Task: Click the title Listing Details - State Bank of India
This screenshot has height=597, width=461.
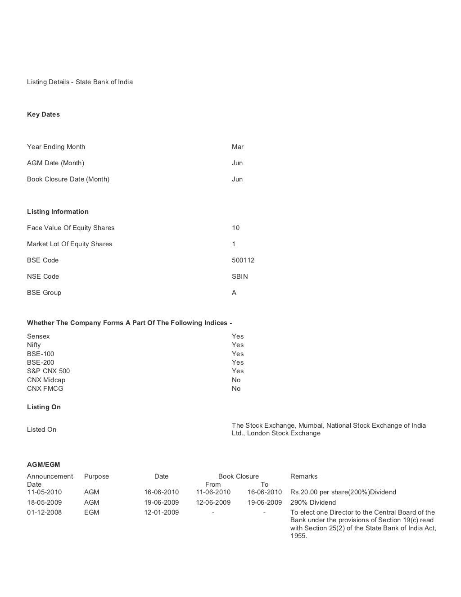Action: (x=80, y=82)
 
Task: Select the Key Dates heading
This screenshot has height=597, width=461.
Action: (x=43, y=114)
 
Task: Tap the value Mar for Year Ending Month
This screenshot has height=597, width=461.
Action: (x=237, y=147)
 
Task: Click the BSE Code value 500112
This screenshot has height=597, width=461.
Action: (x=243, y=260)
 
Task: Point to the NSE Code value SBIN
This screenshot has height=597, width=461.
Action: (x=240, y=276)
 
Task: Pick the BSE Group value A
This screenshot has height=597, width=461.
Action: (x=234, y=293)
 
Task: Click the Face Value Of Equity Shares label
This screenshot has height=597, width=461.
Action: (x=71, y=228)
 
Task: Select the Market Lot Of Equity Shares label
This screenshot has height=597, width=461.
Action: (x=69, y=244)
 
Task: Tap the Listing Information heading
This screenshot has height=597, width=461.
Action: (x=58, y=212)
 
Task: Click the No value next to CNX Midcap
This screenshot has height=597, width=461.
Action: (x=236, y=380)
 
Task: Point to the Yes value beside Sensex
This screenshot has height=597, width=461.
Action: (x=237, y=336)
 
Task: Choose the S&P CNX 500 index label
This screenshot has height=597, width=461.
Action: (x=48, y=371)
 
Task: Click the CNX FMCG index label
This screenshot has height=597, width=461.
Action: (x=45, y=389)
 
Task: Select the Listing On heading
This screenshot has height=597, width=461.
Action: (x=44, y=407)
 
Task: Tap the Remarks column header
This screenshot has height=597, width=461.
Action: (x=304, y=476)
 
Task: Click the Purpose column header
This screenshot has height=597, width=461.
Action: (x=96, y=476)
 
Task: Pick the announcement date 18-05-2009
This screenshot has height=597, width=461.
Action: (x=44, y=502)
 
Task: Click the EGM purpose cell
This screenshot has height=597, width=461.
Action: (x=91, y=512)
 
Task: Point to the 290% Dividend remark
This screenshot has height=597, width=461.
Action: (x=313, y=502)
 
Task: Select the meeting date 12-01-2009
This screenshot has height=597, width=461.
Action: (x=161, y=512)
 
